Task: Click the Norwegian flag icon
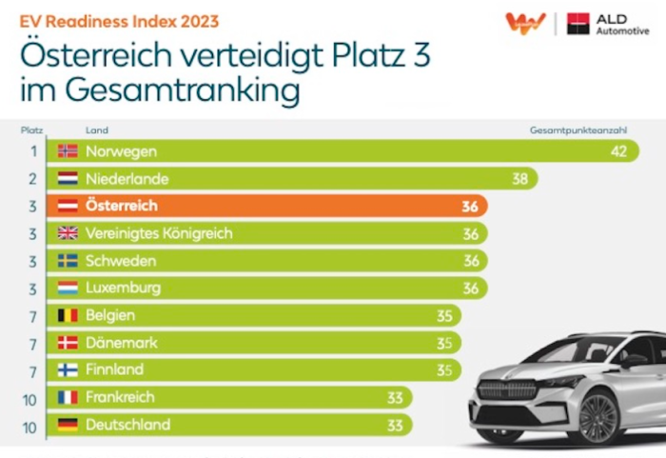pos(68,150)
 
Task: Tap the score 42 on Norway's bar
pos(618,150)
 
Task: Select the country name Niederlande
pos(127,178)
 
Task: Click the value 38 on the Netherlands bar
pos(519,178)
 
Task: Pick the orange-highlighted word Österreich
pos(122,206)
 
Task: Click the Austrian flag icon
pos(68,206)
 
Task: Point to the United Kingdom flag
pos(68,233)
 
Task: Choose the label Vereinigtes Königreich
pos(159,233)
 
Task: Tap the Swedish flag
pos(68,260)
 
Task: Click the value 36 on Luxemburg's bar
pos(470,288)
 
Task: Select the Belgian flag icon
pos(68,315)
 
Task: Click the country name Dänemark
pos(122,343)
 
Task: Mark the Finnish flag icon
pos(68,369)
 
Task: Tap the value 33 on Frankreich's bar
pos(395,397)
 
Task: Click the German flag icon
pos(68,425)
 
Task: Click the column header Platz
pos(31,129)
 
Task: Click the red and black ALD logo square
pos(578,24)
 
